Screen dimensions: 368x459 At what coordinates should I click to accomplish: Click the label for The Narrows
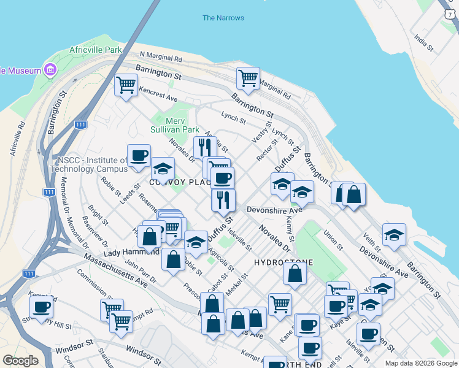pos(223,18)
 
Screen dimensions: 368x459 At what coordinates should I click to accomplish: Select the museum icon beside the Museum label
pos(50,70)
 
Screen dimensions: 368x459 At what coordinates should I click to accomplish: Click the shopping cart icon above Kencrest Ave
pos(126,85)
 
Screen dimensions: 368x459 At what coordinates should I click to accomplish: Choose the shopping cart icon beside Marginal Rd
pos(248,77)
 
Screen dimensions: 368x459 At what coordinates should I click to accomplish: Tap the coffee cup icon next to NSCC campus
pos(139,156)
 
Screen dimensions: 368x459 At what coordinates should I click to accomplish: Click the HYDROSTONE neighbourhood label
pos(283,262)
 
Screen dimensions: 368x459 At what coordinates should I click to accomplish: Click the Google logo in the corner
pos(20,360)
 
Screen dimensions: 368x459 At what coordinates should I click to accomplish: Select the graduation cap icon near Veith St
pos(394,234)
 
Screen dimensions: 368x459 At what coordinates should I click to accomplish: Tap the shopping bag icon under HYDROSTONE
pos(295,273)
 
